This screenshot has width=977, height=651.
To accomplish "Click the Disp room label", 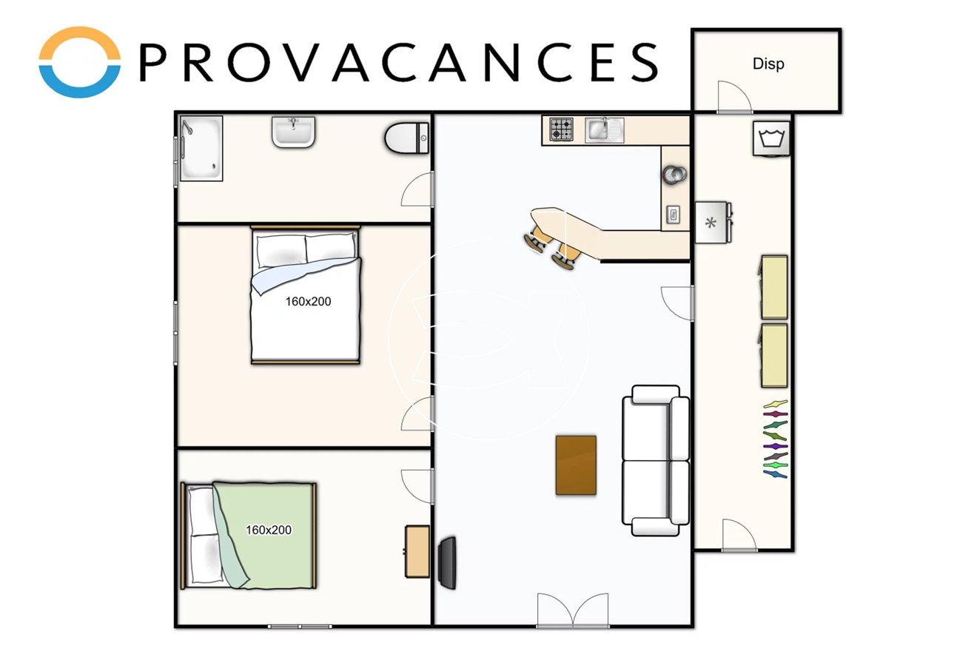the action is click(768, 64).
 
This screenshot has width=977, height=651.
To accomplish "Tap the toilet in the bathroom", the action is click(406, 138).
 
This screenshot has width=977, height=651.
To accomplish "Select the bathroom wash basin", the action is click(294, 131).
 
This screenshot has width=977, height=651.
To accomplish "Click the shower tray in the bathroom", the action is click(201, 148).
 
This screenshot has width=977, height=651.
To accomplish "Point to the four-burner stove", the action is click(561, 129).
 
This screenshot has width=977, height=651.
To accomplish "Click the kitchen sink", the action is click(604, 129).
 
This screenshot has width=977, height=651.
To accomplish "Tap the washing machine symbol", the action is click(771, 138).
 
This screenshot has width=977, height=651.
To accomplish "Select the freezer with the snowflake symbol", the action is click(713, 223).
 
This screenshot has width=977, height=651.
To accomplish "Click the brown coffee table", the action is click(576, 465).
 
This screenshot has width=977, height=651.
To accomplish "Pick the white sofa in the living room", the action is click(655, 460).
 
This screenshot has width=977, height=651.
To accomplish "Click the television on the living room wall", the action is click(448, 563).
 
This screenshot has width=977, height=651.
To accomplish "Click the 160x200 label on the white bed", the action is click(308, 301).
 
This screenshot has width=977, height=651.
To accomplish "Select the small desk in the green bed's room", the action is click(417, 552).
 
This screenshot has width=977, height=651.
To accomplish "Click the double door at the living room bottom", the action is click(573, 610).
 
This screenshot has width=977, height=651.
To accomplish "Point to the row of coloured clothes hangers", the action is click(775, 439).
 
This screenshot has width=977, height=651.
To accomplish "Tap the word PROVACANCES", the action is click(399, 62).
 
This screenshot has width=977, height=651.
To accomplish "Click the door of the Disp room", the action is click(734, 97).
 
